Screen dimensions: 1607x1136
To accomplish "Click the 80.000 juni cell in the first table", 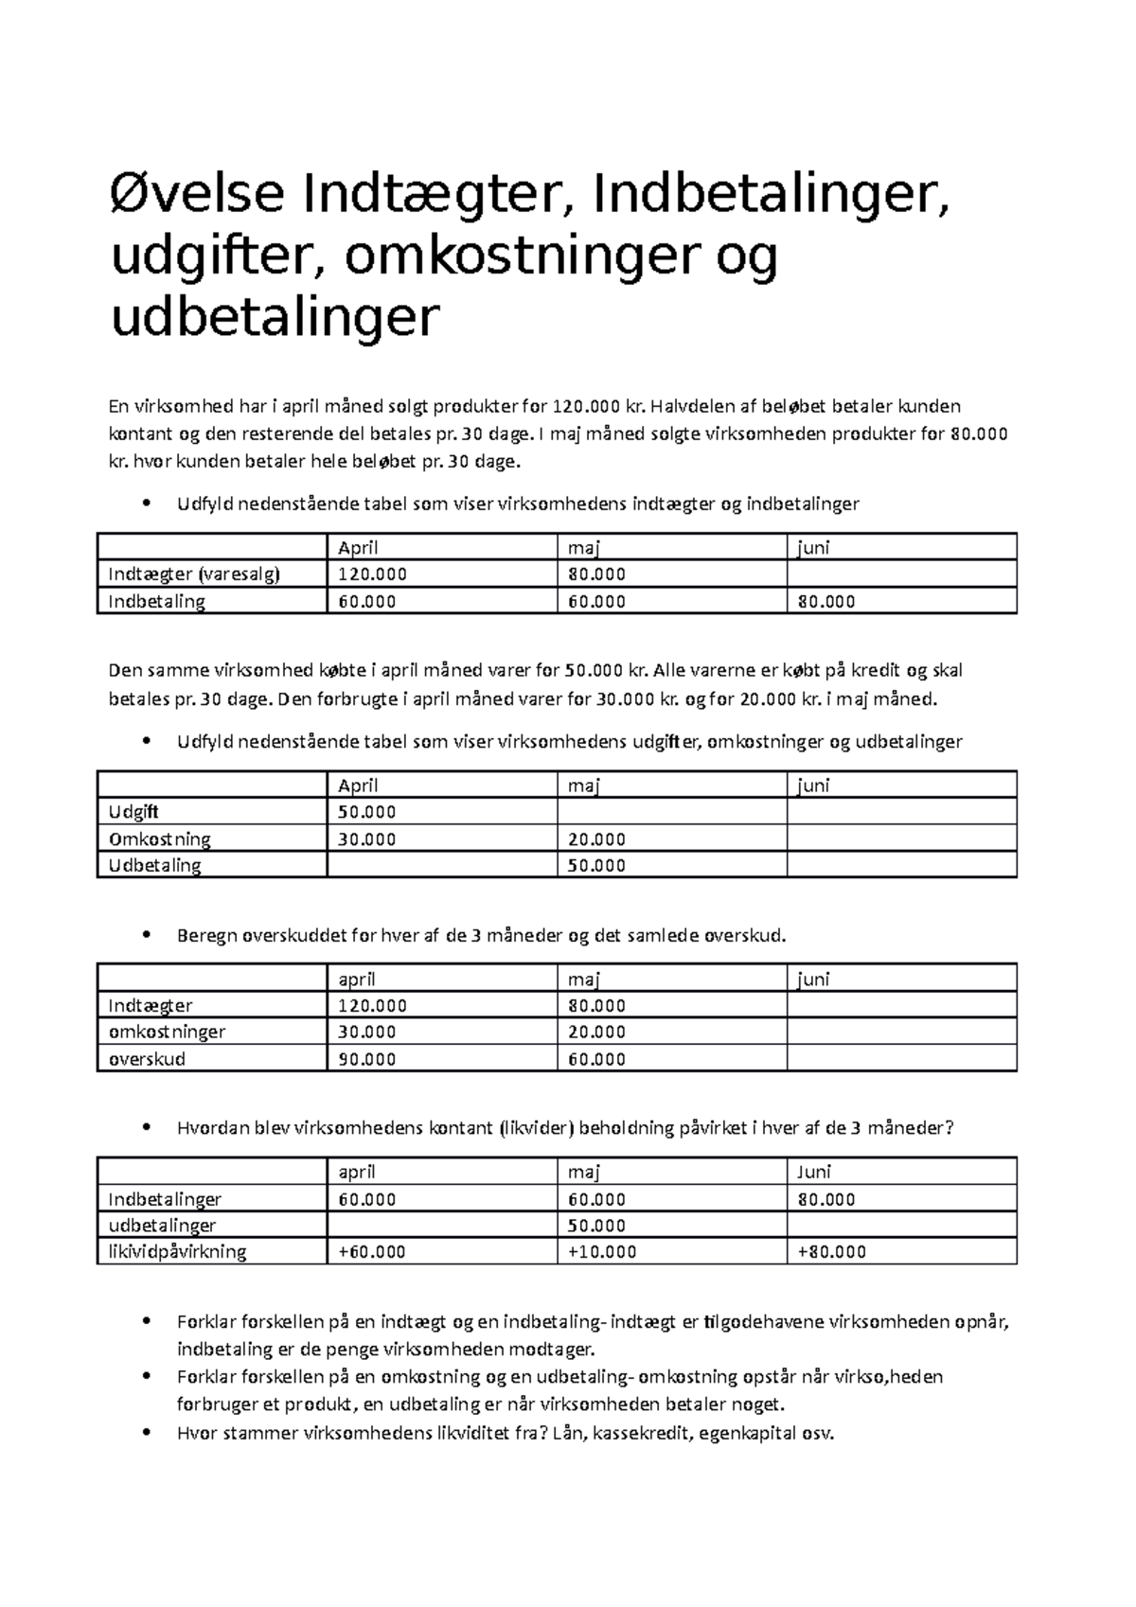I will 826,601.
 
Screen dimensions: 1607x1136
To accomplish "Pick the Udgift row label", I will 133,812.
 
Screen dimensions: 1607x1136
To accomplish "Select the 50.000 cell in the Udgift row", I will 367,812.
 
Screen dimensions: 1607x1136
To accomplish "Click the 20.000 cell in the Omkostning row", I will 596,839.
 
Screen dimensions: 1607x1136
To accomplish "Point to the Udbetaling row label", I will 154,865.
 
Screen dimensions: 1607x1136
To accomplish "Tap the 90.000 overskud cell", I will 367,1059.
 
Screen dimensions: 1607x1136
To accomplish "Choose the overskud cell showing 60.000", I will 596,1059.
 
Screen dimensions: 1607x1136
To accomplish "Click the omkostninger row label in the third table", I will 167,1032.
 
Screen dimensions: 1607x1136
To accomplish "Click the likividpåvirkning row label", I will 177,1251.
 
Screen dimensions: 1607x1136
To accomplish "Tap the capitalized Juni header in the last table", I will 814,1172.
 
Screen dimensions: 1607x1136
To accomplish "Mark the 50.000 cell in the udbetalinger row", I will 596,1226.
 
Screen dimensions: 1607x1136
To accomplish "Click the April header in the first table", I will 358,547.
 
